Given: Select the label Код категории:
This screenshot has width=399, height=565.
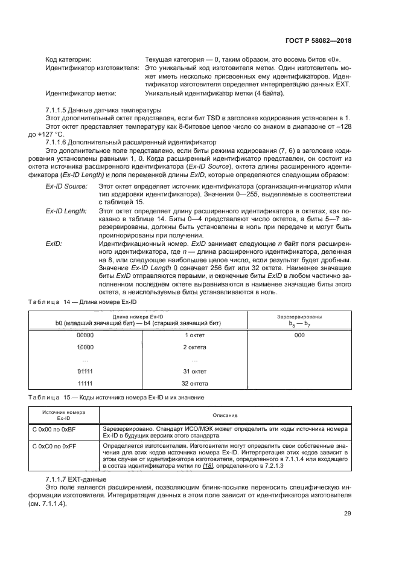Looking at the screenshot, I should [68, 59].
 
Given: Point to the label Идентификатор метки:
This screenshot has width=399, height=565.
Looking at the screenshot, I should [81, 94].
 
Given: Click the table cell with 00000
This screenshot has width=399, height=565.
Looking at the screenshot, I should [86, 334].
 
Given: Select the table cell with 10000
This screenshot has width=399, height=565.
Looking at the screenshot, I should [86, 347].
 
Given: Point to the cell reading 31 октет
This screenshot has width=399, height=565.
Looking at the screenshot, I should [195, 370].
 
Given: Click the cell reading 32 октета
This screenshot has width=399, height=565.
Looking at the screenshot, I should [195, 384].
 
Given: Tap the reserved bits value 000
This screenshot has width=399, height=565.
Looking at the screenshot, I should [299, 334].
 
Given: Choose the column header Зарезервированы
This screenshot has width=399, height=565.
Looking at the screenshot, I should [299, 316].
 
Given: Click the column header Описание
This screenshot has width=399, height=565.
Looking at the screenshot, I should [225, 415].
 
